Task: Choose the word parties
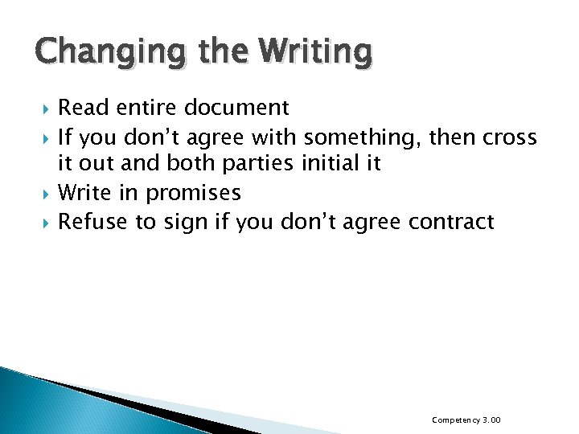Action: click(x=261, y=165)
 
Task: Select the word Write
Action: click(x=85, y=193)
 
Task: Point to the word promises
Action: click(x=193, y=194)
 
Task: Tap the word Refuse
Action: click(x=90, y=221)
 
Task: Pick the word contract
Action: click(x=451, y=221)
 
